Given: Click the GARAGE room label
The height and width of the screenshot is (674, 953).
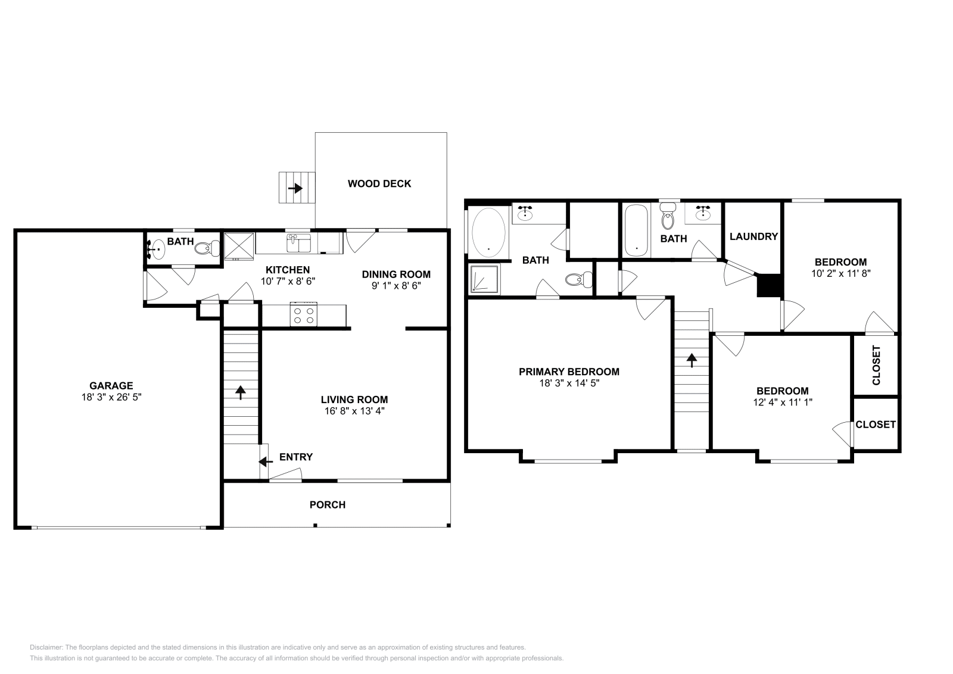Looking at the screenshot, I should [x=111, y=386].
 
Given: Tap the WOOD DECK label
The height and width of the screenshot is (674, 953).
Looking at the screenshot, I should [x=379, y=183].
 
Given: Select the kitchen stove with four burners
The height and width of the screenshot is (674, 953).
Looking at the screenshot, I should [x=304, y=314].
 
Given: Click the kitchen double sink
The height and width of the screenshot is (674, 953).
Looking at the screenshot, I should [x=300, y=243].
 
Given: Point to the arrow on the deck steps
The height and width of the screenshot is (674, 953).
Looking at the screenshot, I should [x=295, y=188].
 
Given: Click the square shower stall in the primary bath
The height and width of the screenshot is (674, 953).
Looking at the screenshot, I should [x=484, y=279].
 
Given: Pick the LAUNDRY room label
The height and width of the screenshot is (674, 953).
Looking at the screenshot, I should [x=753, y=236].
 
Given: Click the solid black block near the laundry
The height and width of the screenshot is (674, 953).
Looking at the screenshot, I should [x=769, y=285].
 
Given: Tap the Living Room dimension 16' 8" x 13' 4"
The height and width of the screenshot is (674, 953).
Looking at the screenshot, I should [x=354, y=411].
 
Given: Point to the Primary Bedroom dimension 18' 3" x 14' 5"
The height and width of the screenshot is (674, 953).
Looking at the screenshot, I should [x=569, y=383].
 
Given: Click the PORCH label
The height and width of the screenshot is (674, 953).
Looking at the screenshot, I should [x=328, y=505].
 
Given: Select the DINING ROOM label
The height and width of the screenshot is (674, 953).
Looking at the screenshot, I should [x=396, y=274].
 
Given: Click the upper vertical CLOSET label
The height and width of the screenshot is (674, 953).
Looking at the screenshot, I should [x=876, y=365].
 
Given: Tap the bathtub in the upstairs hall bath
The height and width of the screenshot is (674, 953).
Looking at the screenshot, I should [x=636, y=231].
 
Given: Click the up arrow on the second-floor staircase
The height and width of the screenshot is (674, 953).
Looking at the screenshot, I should [x=692, y=360].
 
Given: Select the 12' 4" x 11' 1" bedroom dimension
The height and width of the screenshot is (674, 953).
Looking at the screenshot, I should [x=783, y=402].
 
